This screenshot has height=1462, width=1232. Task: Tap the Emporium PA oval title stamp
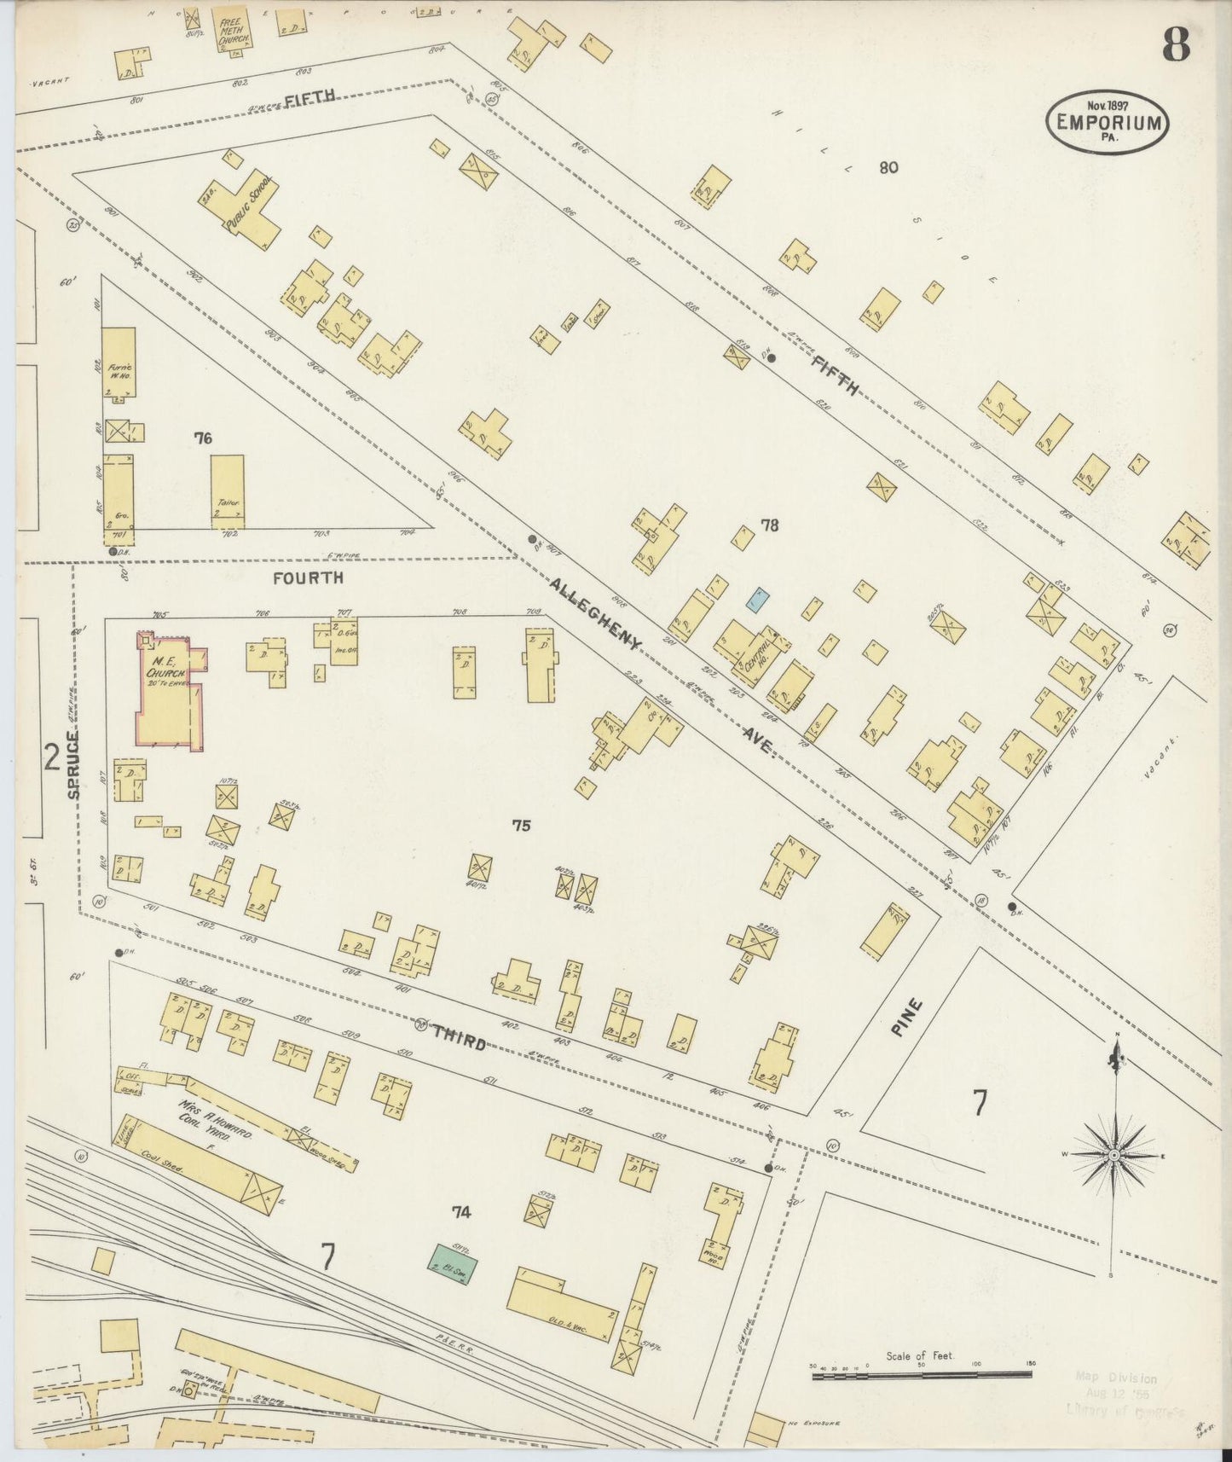click(x=1108, y=121)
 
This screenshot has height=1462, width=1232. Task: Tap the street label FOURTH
click(x=308, y=577)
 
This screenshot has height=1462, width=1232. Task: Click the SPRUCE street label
click(x=74, y=764)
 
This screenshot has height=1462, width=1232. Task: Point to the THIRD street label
click(x=459, y=1037)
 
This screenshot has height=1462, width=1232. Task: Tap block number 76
click(x=202, y=438)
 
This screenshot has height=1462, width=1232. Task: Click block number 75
click(x=521, y=825)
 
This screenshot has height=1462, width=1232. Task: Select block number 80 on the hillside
click(x=888, y=167)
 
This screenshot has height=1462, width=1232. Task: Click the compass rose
click(x=1113, y=1155)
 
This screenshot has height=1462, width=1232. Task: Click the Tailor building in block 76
click(x=228, y=490)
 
